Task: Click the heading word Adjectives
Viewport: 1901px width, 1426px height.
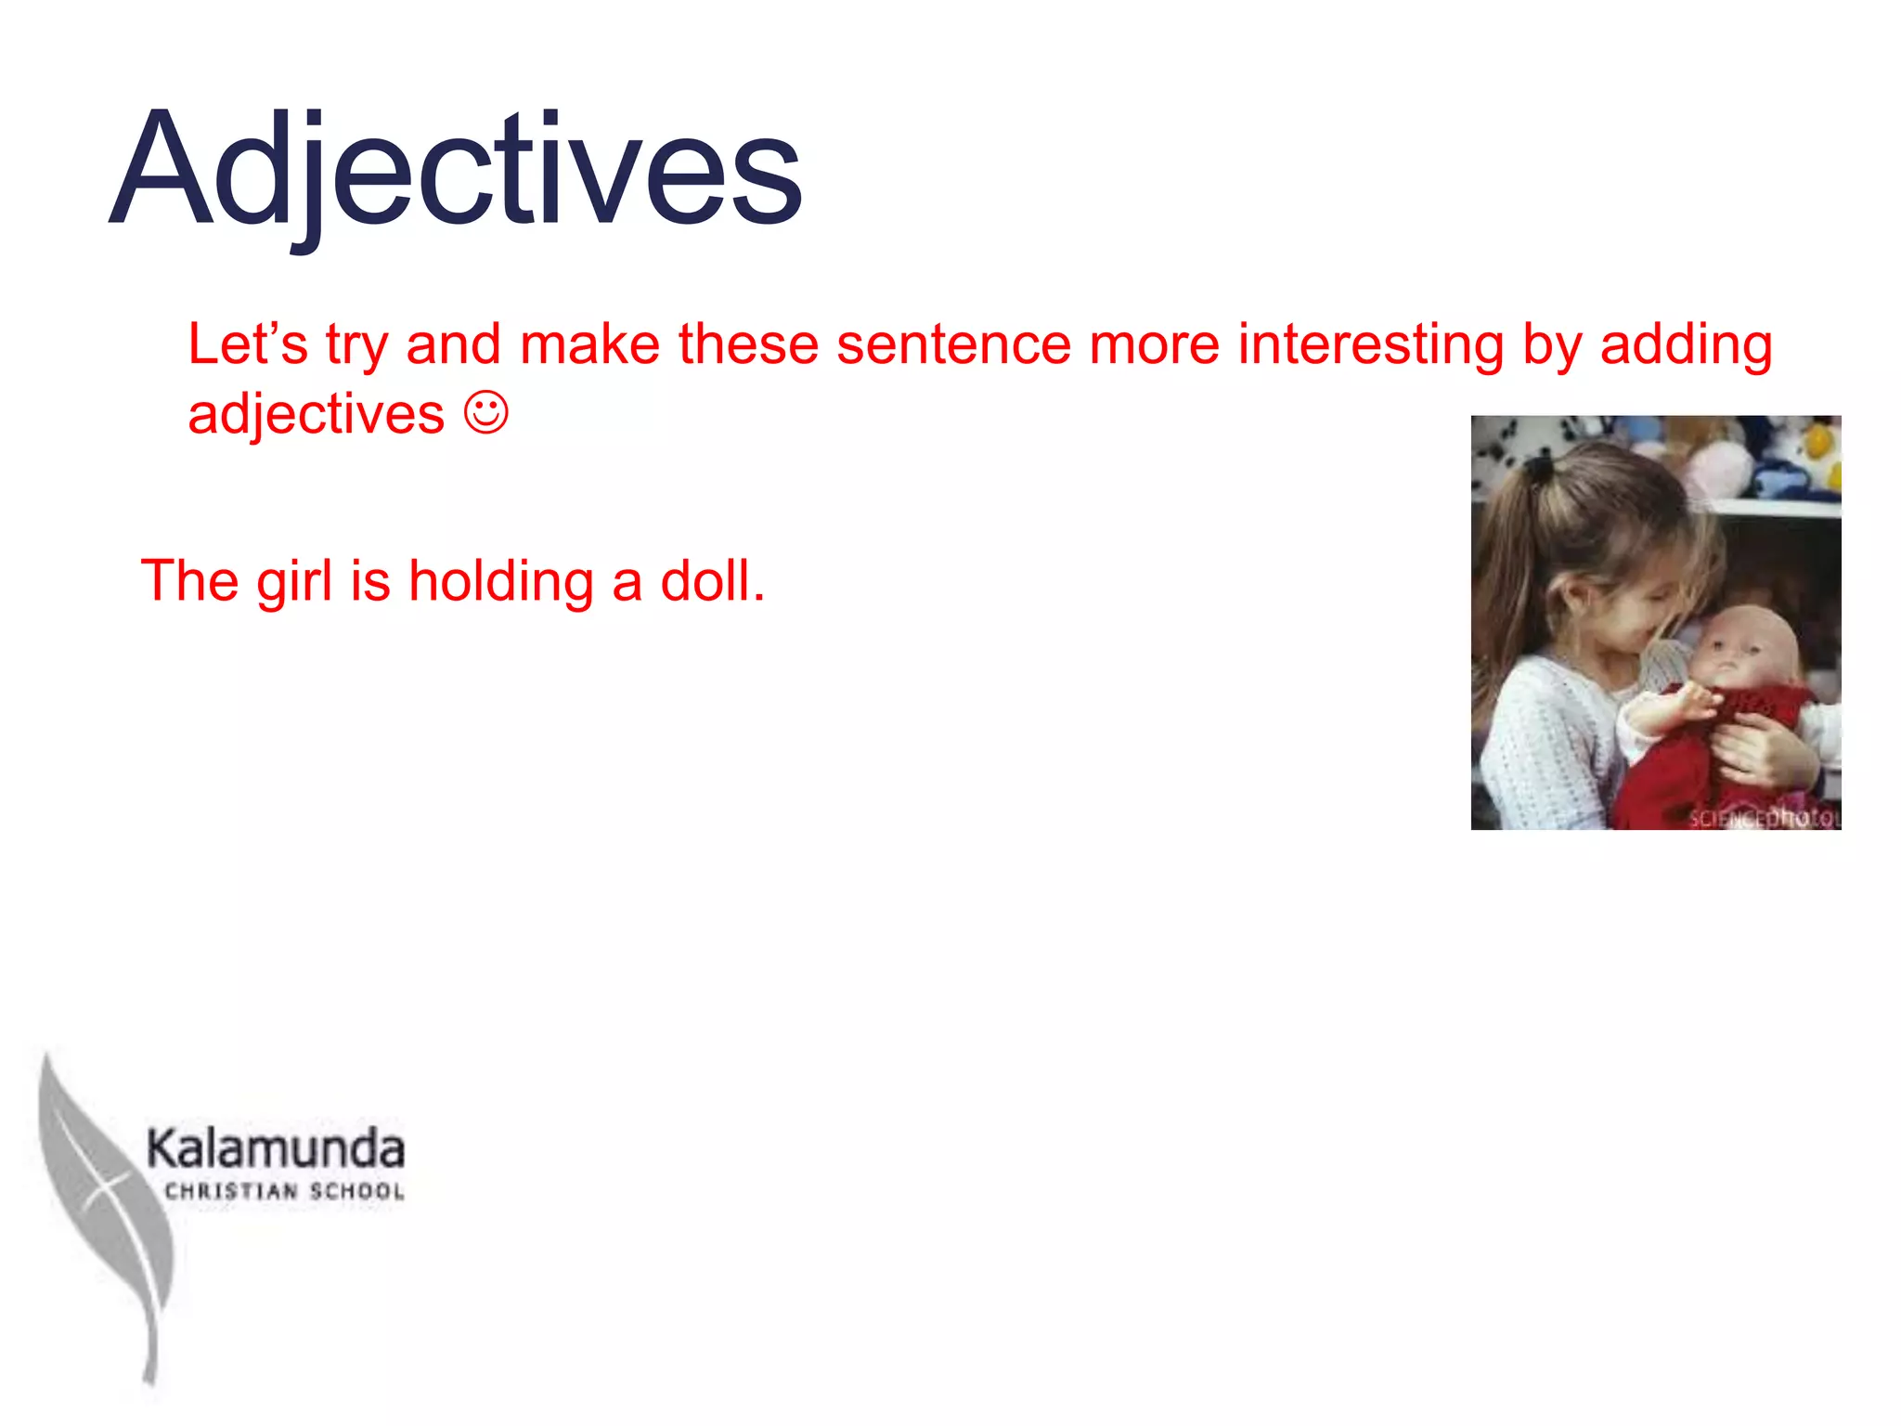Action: click(x=455, y=172)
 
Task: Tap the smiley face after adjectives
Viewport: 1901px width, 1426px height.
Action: click(x=486, y=413)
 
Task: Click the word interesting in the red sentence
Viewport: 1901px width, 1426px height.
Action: click(x=1370, y=345)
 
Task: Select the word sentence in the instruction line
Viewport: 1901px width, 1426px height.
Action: click(x=954, y=345)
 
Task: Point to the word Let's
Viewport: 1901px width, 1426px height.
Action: click(x=247, y=344)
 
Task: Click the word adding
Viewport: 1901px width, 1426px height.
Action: click(x=1686, y=345)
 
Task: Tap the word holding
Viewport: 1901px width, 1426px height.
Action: click(x=501, y=582)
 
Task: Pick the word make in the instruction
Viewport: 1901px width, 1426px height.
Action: click(x=589, y=345)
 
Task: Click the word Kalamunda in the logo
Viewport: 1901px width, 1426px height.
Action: click(x=276, y=1149)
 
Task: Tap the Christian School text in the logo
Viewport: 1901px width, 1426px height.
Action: click(x=284, y=1192)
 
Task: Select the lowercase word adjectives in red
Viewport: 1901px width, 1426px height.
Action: click(x=316, y=415)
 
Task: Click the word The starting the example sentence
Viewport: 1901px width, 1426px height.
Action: click(x=189, y=582)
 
